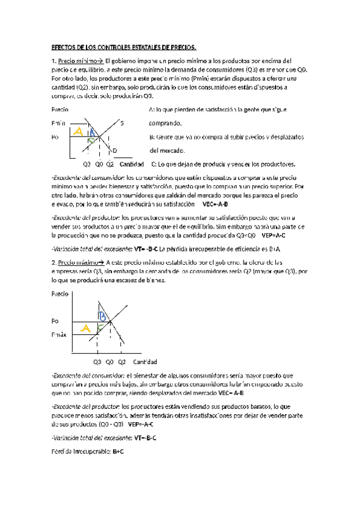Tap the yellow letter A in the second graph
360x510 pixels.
click(85, 328)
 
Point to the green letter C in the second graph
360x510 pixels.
click(100, 327)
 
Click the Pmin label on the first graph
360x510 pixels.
click(59, 124)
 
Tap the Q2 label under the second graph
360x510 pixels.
click(121, 362)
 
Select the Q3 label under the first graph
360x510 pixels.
click(87, 164)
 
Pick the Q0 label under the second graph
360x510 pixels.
click(110, 362)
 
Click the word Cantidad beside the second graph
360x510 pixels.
click(145, 362)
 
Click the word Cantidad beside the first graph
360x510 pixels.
click(132, 164)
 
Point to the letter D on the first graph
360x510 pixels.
click(114, 150)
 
